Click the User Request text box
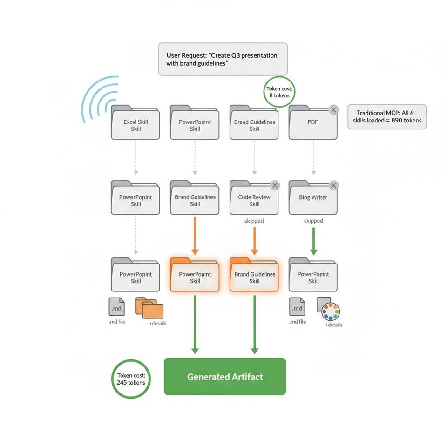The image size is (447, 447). (x=223, y=59)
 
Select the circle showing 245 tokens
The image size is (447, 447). (x=131, y=379)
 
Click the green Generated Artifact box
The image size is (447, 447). (x=225, y=377)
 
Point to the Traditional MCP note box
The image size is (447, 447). (x=387, y=116)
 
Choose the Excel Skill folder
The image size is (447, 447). (x=135, y=124)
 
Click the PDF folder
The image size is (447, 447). (x=313, y=124)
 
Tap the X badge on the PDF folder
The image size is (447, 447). (x=333, y=110)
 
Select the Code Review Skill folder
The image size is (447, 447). (x=254, y=199)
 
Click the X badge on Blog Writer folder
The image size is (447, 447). (x=333, y=185)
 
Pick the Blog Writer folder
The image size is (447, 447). (x=313, y=199)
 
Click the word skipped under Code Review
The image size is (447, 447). (x=254, y=221)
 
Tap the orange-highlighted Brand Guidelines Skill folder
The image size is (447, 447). (x=254, y=276)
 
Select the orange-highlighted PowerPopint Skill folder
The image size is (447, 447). (x=195, y=276)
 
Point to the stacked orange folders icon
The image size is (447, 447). (x=149, y=307)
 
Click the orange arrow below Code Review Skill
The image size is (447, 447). (x=254, y=241)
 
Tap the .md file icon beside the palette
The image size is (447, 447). (x=297, y=307)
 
